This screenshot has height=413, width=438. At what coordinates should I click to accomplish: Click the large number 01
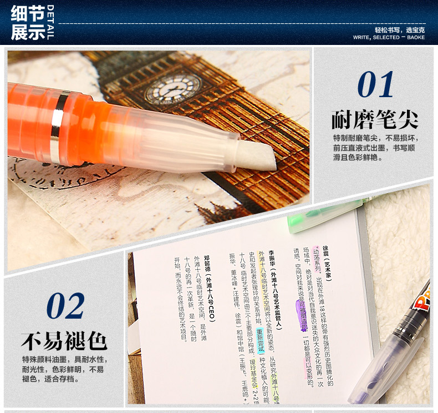click(376, 85)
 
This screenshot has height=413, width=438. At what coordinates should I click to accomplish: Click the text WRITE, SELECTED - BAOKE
click(389, 38)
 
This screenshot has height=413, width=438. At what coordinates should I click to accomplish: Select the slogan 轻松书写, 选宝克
click(399, 29)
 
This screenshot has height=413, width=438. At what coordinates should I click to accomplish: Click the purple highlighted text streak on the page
click(304, 315)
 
